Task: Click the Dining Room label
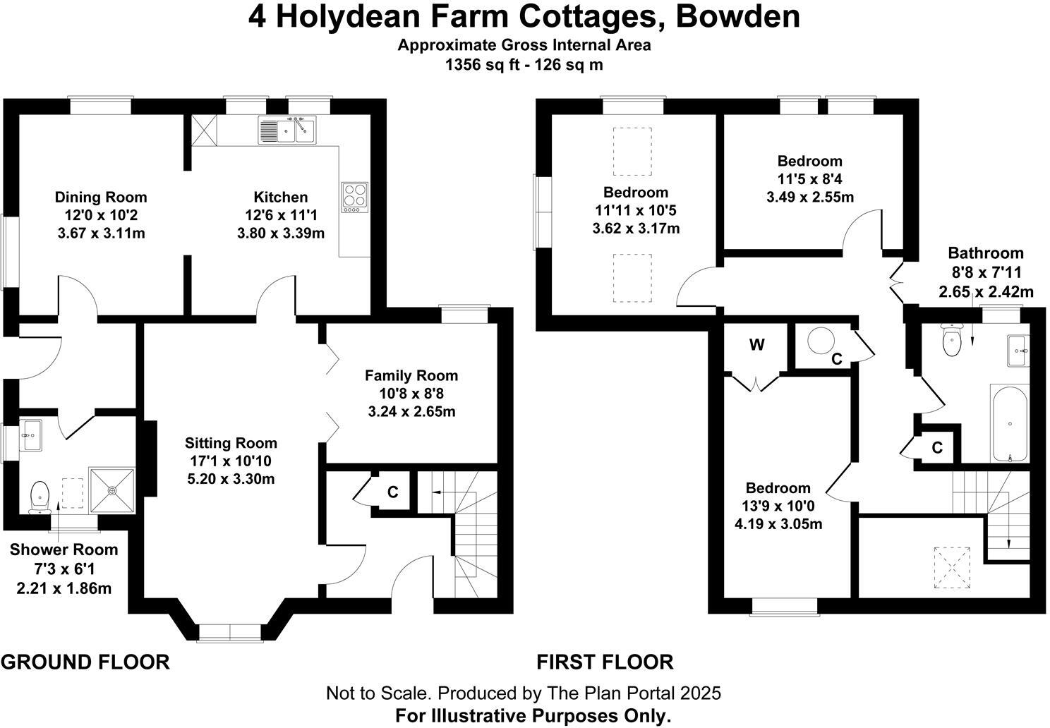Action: (101, 197)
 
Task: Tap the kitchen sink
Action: (288, 130)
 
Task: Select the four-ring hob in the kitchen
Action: (356, 197)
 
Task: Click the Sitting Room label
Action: (231, 443)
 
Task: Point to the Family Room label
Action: (411, 375)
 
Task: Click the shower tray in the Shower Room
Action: (111, 487)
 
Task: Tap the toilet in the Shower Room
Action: (40, 496)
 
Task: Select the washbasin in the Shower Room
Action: (31, 435)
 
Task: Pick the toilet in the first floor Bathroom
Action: (952, 341)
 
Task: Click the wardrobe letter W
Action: (756, 345)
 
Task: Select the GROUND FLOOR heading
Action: (85, 662)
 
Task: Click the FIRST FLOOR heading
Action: (605, 662)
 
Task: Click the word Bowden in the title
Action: (737, 17)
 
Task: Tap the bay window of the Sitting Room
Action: (229, 632)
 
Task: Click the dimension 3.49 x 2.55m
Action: (810, 197)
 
